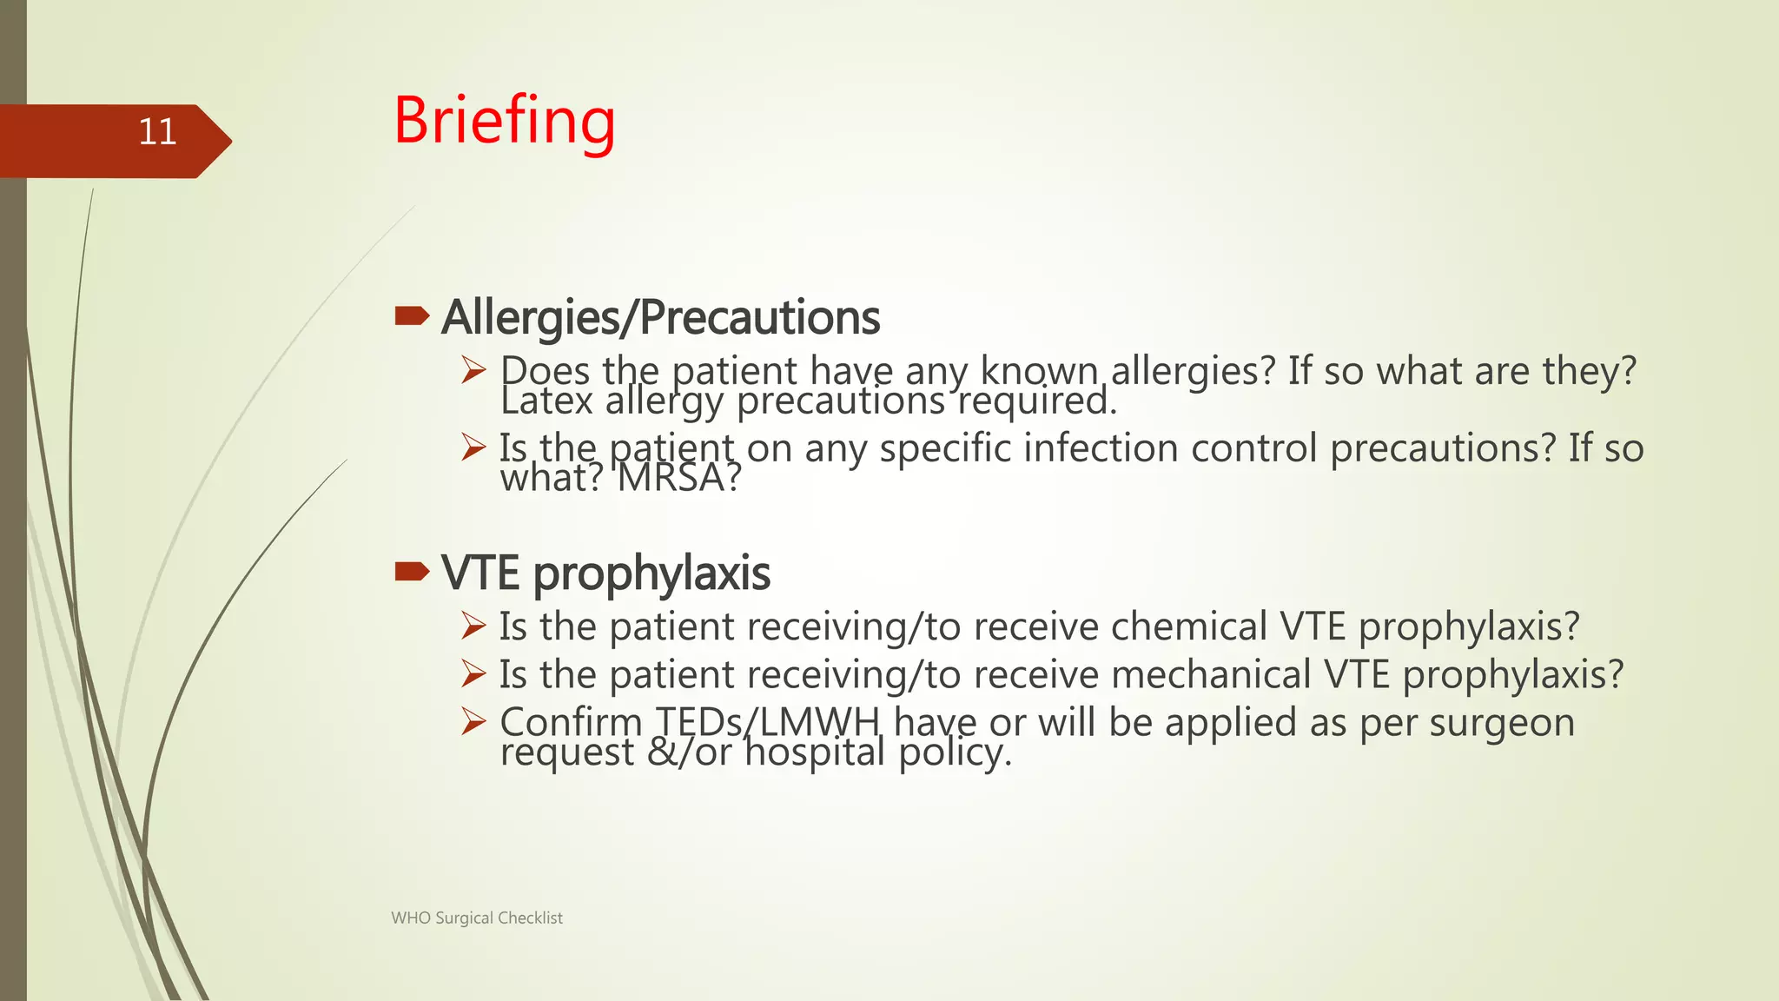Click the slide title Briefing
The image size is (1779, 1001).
[x=504, y=122]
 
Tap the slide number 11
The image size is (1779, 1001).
[x=157, y=132]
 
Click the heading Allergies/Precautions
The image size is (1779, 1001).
[x=660, y=317]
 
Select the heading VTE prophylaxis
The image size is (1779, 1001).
[x=605, y=573]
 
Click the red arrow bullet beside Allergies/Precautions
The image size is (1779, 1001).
[x=412, y=315]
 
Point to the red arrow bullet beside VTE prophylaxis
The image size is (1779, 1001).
[x=412, y=571]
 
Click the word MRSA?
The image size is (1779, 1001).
[x=679, y=478]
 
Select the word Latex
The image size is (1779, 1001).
[x=546, y=401]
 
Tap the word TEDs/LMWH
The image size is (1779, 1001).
[x=768, y=722]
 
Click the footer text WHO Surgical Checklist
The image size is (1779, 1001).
[x=477, y=918]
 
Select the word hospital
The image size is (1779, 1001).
[x=816, y=752]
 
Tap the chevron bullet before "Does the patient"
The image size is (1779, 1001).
[x=473, y=370]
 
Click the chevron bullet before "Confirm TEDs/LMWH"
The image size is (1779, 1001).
[x=473, y=721]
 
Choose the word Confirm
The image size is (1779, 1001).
[x=570, y=722]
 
